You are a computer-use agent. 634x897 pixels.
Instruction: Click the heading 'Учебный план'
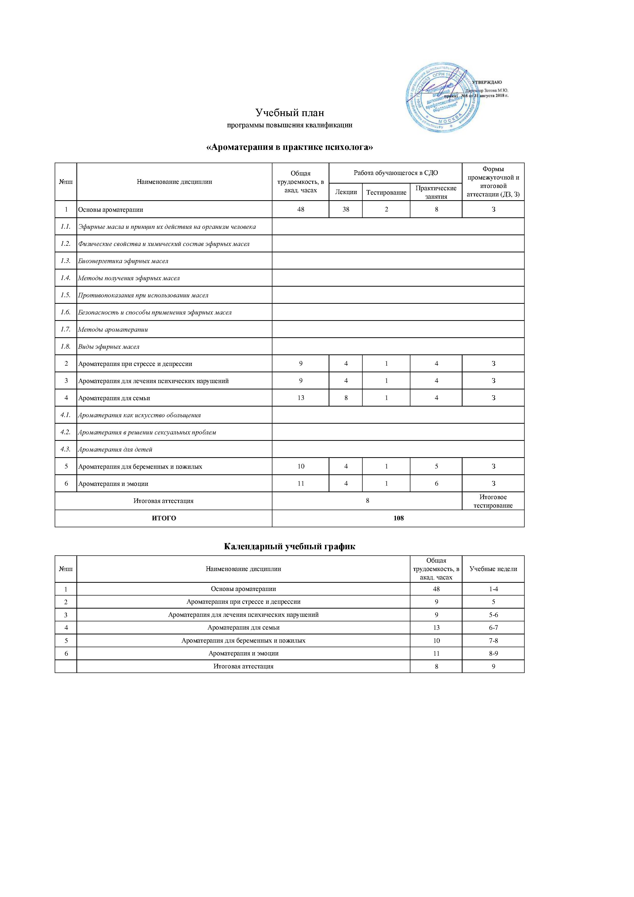tap(290, 113)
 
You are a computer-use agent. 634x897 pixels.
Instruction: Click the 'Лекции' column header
tap(346, 192)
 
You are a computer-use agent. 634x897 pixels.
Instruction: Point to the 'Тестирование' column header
tap(386, 192)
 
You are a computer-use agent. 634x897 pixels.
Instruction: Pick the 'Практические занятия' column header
tap(436, 192)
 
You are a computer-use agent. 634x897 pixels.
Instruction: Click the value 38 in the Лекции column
tap(346, 209)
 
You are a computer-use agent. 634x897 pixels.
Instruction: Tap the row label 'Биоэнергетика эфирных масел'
tap(123, 261)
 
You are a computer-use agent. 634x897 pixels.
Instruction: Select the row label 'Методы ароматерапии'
tap(113, 329)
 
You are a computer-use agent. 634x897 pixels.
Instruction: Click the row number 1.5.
tap(66, 295)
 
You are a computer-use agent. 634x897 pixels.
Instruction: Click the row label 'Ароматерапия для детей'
tap(115, 449)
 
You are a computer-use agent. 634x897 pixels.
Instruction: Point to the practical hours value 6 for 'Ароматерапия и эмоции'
tap(436, 484)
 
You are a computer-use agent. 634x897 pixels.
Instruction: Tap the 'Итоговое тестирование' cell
tap(493, 501)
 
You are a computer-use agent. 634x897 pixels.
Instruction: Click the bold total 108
tap(398, 518)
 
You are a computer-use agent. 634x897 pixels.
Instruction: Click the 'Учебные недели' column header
tap(493, 569)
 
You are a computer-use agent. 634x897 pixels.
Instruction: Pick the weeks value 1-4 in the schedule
tap(493, 589)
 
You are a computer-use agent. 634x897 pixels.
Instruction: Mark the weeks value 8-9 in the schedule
tap(493, 653)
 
